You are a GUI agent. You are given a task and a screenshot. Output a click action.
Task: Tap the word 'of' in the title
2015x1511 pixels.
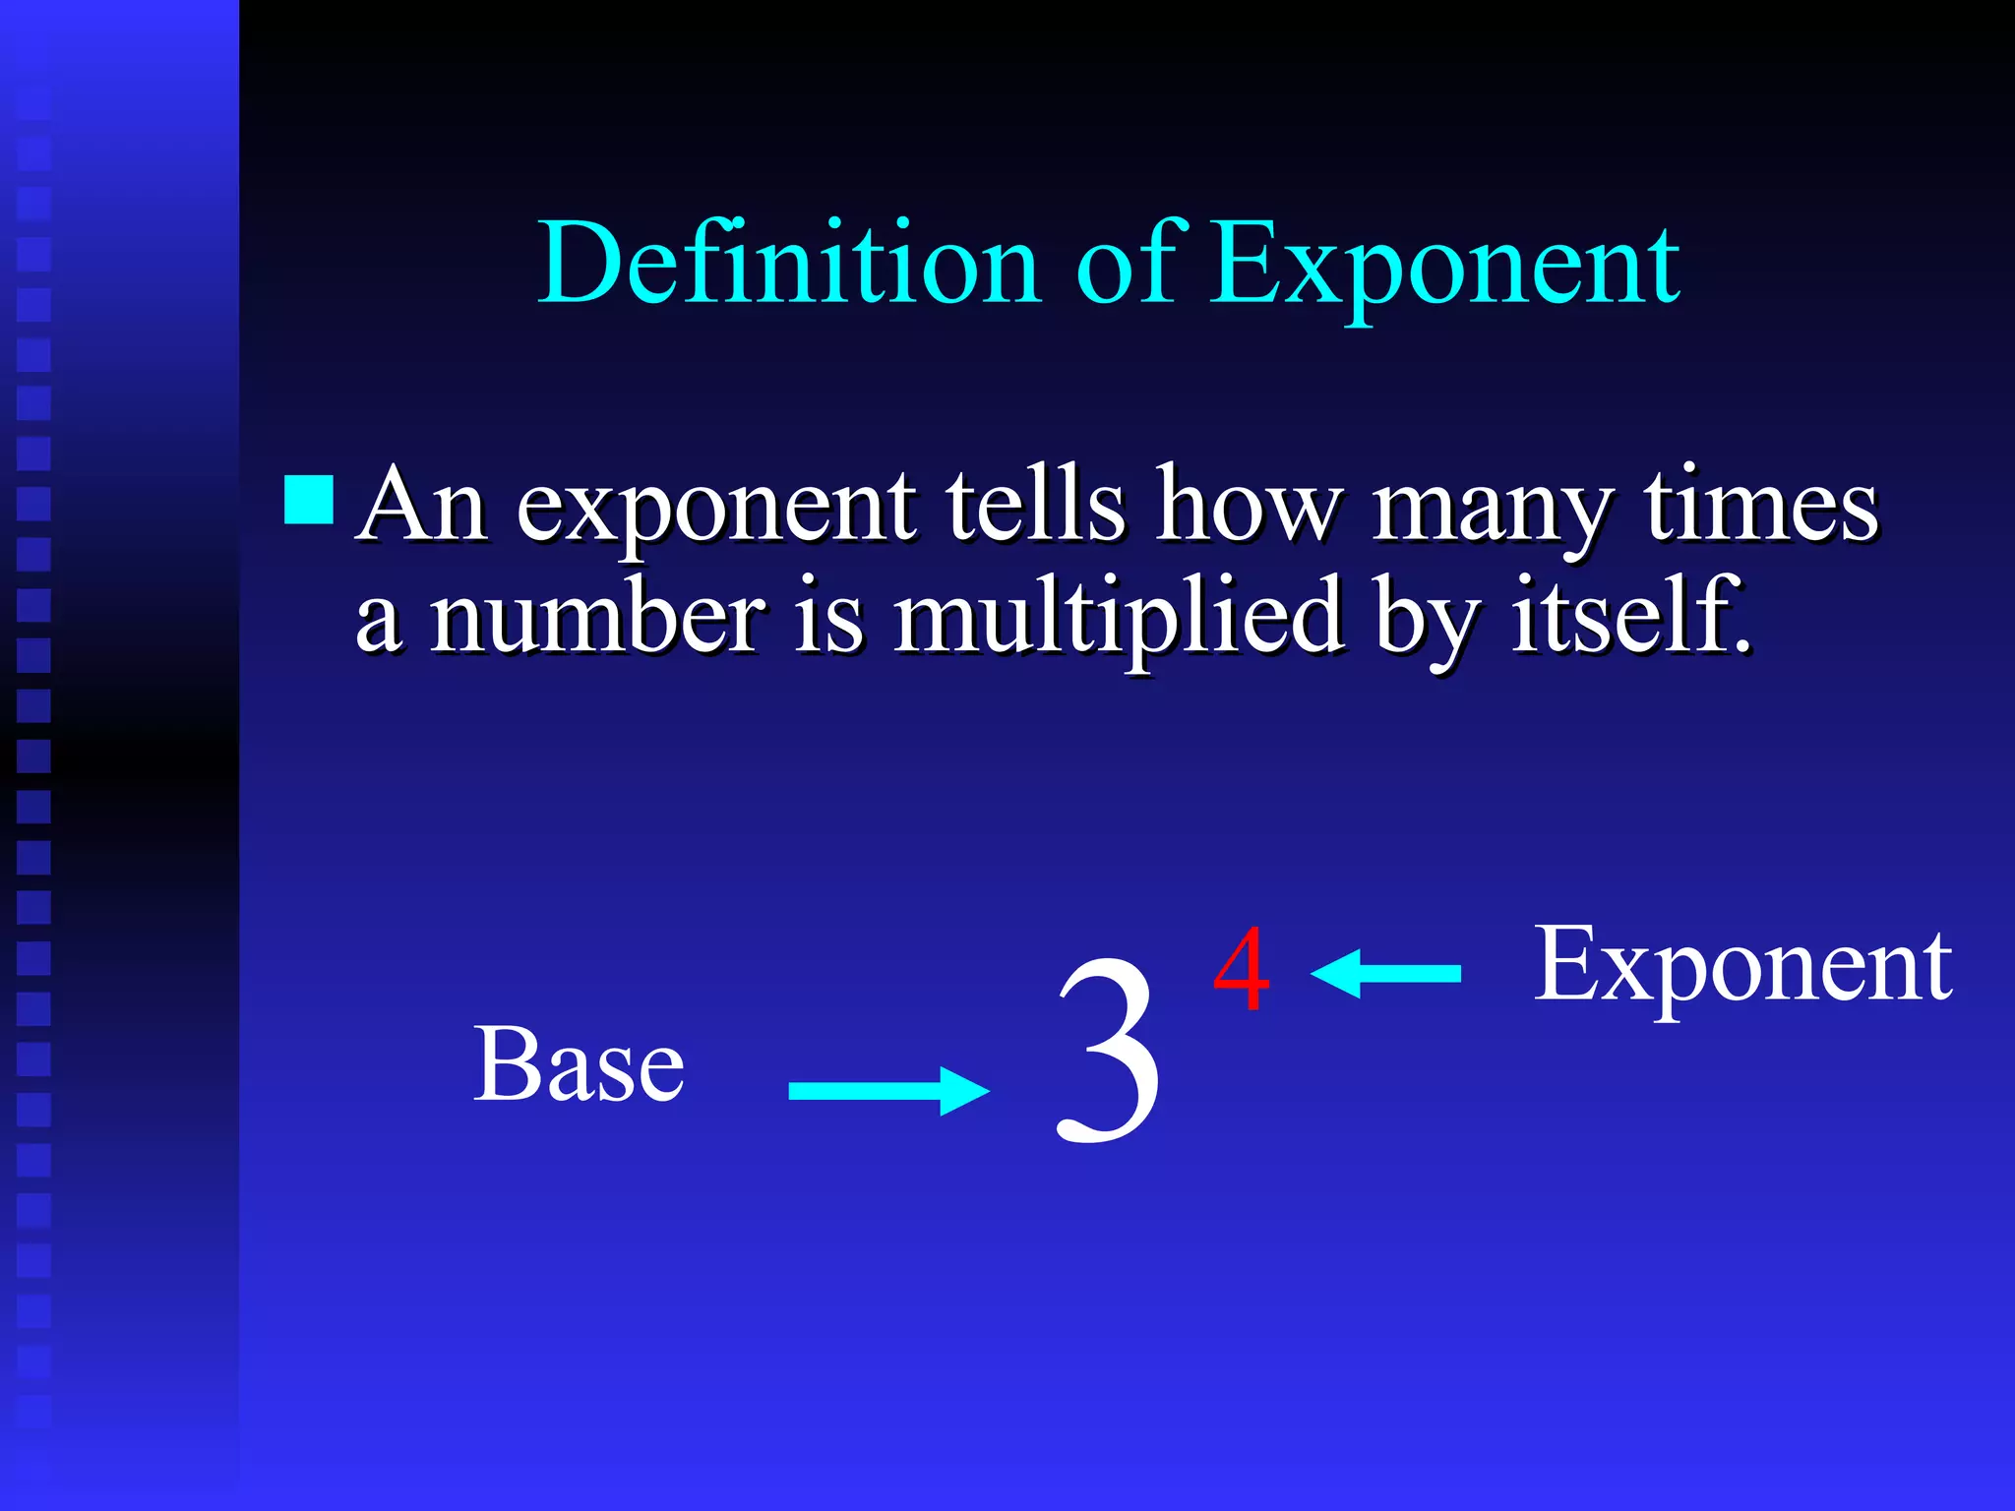point(1126,264)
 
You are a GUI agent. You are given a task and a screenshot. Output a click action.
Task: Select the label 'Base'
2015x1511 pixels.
point(579,1064)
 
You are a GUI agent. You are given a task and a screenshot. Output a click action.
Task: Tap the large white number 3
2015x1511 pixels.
point(1108,1051)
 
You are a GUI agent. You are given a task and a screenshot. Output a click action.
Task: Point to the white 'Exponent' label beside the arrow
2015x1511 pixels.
point(1741,968)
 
